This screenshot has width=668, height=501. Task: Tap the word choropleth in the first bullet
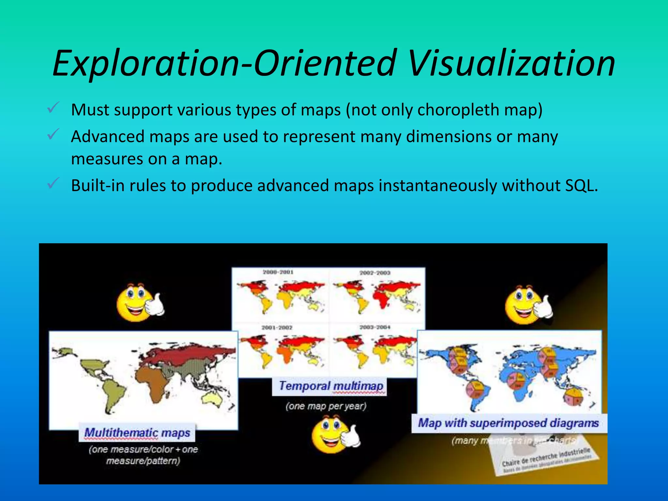(458, 110)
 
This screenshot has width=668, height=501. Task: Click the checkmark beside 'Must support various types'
(53, 108)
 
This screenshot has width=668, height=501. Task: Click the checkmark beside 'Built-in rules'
(53, 183)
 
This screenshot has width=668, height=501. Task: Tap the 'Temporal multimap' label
(331, 386)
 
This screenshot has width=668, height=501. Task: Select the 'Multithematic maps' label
(137, 433)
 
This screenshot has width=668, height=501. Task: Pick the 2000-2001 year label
(278, 272)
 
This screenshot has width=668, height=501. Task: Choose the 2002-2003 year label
(375, 273)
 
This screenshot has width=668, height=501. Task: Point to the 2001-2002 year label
(277, 327)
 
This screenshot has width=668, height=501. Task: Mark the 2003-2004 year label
(375, 327)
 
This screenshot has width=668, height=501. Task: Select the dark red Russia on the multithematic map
(189, 354)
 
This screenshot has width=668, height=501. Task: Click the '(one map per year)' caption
(326, 406)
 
